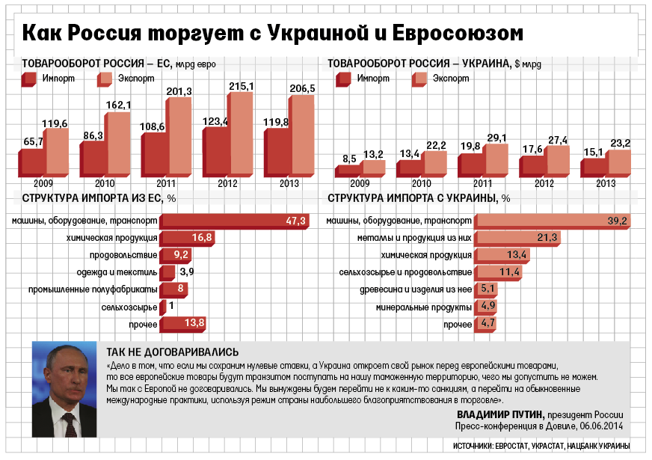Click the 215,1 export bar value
[x=241, y=87]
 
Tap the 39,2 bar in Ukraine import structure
[x=551, y=221]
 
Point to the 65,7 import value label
[x=34, y=141]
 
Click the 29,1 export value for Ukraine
[x=496, y=138]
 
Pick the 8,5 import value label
[x=349, y=159]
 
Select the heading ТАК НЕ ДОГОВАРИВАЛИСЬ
[x=172, y=351]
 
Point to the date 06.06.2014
[x=595, y=426]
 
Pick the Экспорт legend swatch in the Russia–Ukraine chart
[x=419, y=79]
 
